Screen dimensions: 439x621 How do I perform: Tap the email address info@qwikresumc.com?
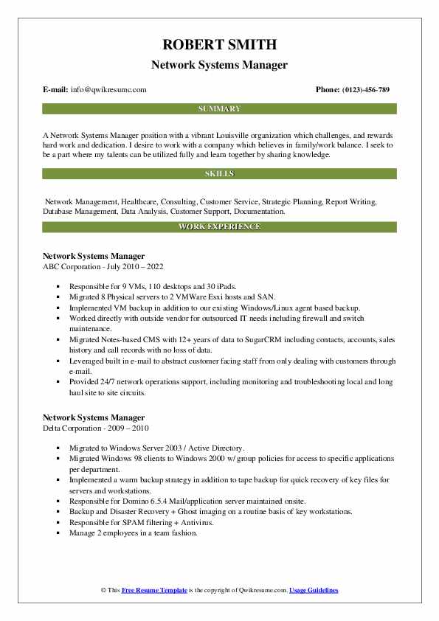(x=108, y=90)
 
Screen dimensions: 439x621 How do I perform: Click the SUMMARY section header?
(x=219, y=108)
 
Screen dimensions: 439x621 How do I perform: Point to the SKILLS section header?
(x=219, y=174)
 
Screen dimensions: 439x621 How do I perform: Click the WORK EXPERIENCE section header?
(x=219, y=226)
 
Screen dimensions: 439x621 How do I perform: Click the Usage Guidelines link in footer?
(x=313, y=590)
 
